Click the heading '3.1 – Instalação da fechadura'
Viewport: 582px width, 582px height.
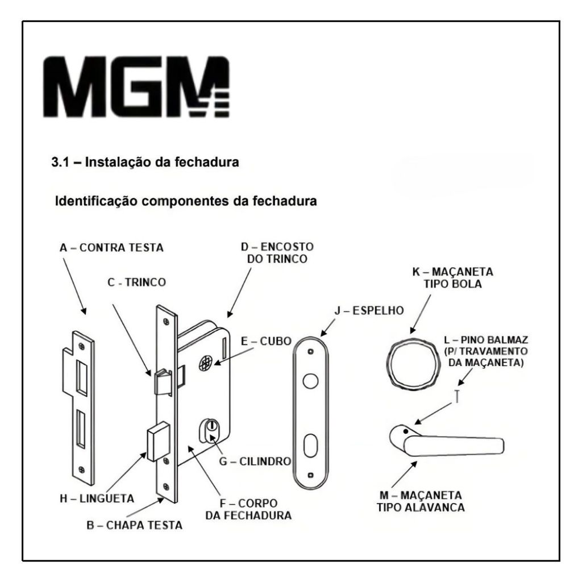point(145,163)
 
